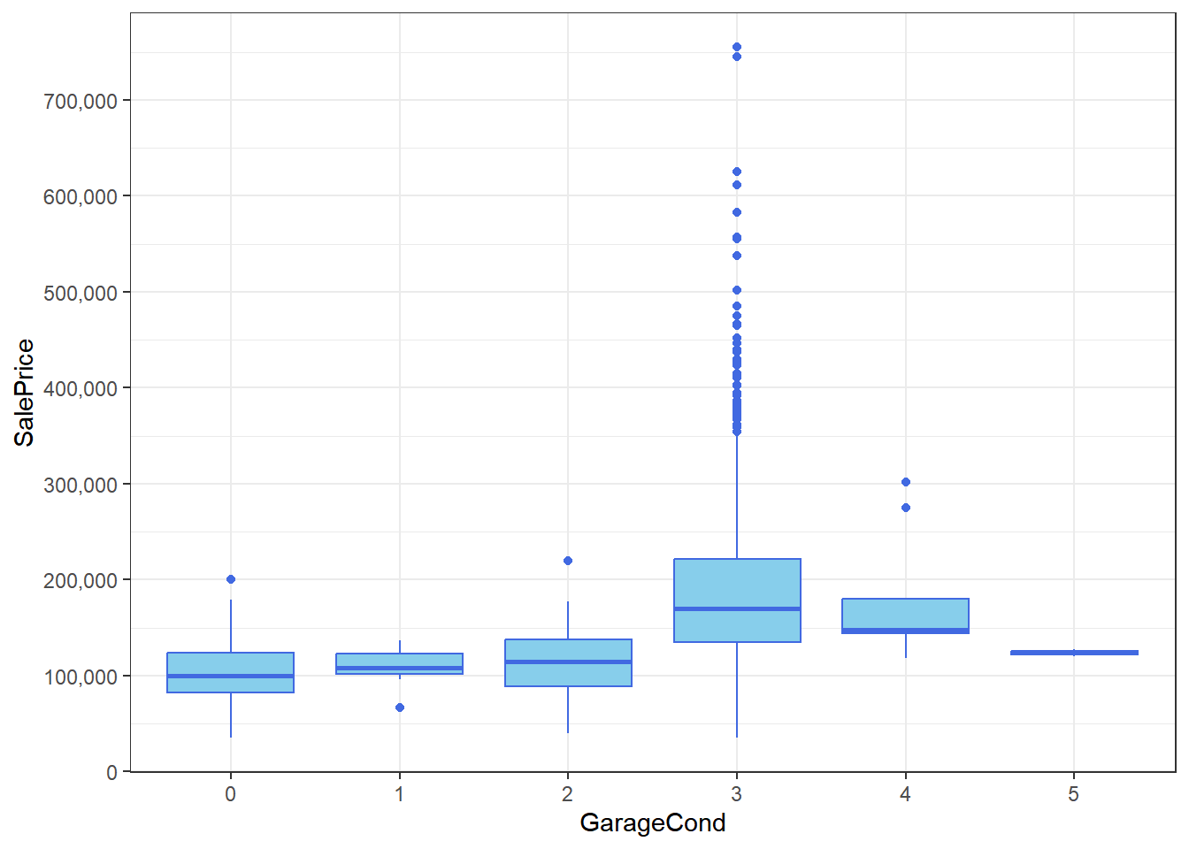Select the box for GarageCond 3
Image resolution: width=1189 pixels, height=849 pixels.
click(x=737, y=584)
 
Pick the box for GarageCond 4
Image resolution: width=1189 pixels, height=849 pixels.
click(x=905, y=615)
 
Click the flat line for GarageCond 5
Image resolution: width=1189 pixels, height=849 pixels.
click(x=1074, y=653)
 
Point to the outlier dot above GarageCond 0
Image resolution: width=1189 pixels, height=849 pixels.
click(x=231, y=579)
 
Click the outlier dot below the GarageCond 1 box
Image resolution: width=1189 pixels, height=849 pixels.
click(x=400, y=707)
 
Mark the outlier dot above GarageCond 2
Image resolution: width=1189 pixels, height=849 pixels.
click(x=568, y=561)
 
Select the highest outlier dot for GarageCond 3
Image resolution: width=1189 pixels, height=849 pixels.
click(x=737, y=47)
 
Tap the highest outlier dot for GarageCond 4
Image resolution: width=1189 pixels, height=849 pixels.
click(x=906, y=482)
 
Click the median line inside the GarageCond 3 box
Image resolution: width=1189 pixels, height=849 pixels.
click(x=737, y=608)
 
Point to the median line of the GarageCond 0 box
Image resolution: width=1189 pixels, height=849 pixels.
click(x=230, y=676)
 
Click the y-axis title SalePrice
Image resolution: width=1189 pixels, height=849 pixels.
click(x=24, y=392)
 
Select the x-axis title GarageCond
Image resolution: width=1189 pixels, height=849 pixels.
click(x=652, y=822)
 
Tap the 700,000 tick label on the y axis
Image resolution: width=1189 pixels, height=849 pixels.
click(x=81, y=101)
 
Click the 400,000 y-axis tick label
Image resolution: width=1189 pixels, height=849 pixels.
click(x=81, y=388)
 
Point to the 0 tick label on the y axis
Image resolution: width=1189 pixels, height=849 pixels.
click(x=111, y=772)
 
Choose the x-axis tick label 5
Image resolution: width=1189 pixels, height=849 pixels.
click(x=1073, y=794)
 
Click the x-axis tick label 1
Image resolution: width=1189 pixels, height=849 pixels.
click(x=400, y=794)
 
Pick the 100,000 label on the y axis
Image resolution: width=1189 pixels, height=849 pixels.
click(x=81, y=677)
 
